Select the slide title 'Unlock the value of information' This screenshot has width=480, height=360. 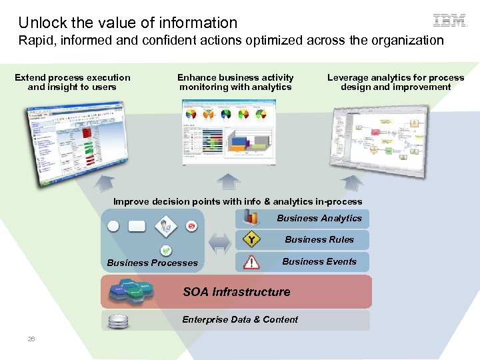[x=128, y=23]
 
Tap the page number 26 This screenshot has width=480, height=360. [x=31, y=339]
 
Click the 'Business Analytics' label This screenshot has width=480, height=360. [x=319, y=218]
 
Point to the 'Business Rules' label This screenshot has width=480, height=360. [x=319, y=239]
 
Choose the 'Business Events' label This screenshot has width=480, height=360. [x=319, y=261]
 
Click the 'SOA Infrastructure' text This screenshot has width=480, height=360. [x=237, y=292]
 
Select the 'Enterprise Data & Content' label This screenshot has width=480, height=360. [x=240, y=319]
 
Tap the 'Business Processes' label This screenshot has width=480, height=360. [x=152, y=263]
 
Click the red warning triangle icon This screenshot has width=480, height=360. [x=251, y=262]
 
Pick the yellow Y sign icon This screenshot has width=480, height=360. [x=251, y=239]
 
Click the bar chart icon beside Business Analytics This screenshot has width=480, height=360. [x=251, y=217]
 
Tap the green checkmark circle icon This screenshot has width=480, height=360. [x=166, y=251]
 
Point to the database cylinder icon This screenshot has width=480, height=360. [x=118, y=321]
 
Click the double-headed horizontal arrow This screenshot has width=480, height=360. [x=219, y=243]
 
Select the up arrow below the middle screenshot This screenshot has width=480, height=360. [x=228, y=181]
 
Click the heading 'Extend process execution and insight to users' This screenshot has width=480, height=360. [x=73, y=82]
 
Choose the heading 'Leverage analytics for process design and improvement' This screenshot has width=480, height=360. [x=395, y=82]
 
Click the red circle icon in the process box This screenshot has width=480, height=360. [x=192, y=226]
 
